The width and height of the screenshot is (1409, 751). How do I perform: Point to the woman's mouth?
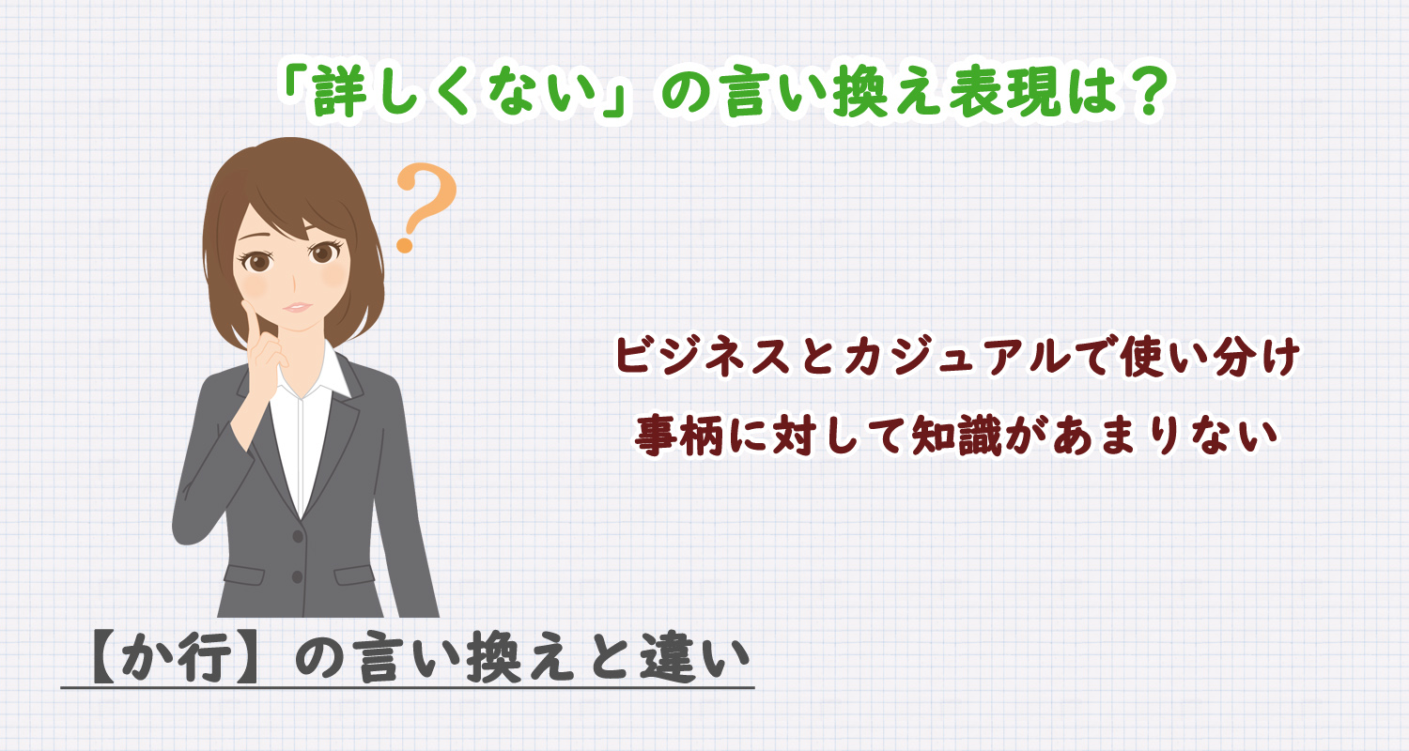(x=296, y=306)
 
